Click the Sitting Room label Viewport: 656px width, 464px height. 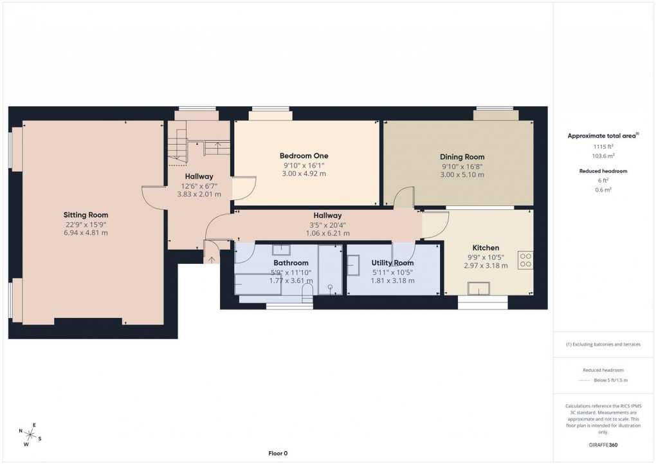pyautogui.click(x=86, y=215)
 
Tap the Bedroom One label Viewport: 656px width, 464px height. pyautogui.click(x=304, y=156)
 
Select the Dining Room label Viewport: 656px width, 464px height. pyautogui.click(x=462, y=157)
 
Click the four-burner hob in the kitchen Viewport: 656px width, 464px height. pyautogui.click(x=525, y=259)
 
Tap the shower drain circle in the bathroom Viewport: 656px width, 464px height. pyautogui.click(x=331, y=288)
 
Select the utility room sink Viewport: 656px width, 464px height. pyautogui.click(x=354, y=264)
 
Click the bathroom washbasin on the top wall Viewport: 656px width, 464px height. pyautogui.click(x=280, y=250)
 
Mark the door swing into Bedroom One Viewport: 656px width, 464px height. pyautogui.click(x=244, y=188)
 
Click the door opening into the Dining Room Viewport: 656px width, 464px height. pyautogui.click(x=404, y=198)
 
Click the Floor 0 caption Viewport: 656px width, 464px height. pyautogui.click(x=278, y=454)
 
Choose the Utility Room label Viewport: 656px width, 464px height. pyautogui.click(x=392, y=263)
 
